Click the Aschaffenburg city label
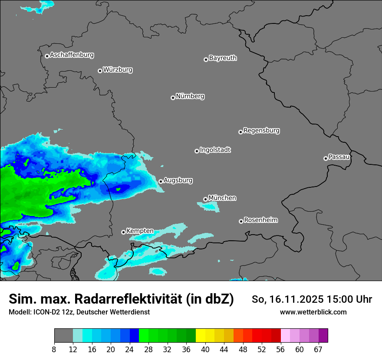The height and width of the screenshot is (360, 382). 72,55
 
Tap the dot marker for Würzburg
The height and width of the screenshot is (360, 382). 100,71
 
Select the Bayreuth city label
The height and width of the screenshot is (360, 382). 223,58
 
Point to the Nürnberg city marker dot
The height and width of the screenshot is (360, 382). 173,98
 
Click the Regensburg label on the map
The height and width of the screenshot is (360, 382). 261,130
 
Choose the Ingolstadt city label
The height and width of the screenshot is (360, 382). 215,150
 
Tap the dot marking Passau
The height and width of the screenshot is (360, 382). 326,158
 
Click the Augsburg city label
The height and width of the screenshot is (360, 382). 178,180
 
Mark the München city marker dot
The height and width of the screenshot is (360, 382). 205,200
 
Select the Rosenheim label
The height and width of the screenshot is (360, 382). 260,220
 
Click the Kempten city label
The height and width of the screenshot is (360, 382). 140,231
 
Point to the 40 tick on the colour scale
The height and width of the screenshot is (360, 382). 205,350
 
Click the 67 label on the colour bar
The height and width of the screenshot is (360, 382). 318,350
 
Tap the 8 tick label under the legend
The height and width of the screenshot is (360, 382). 54,350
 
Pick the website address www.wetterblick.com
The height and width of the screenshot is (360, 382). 313,312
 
